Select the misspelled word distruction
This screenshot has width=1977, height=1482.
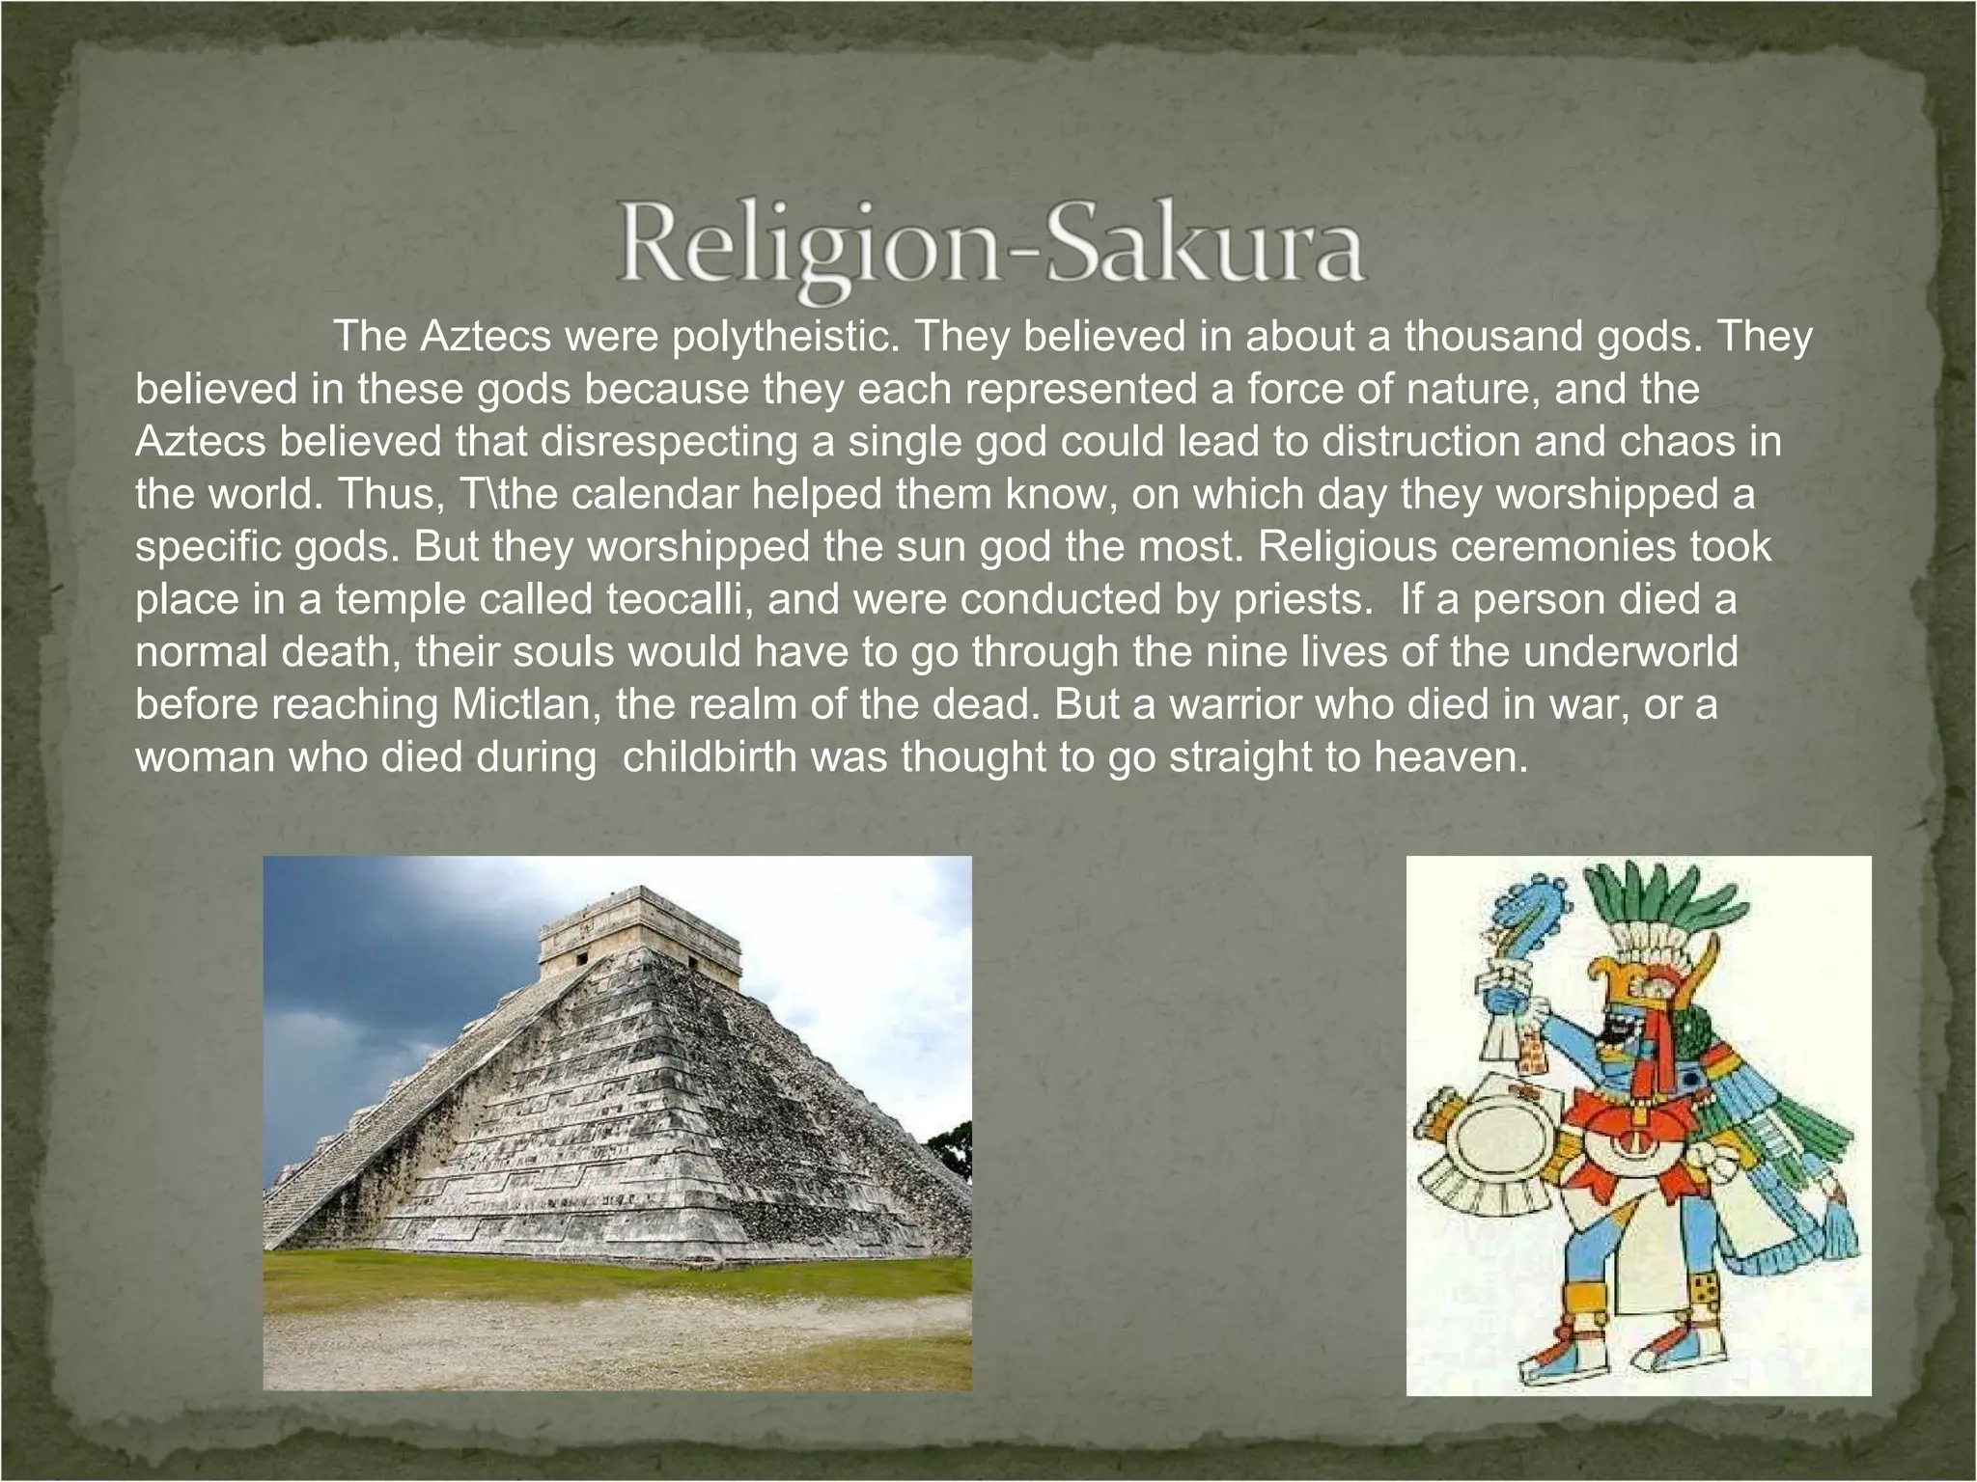click(x=1418, y=442)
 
